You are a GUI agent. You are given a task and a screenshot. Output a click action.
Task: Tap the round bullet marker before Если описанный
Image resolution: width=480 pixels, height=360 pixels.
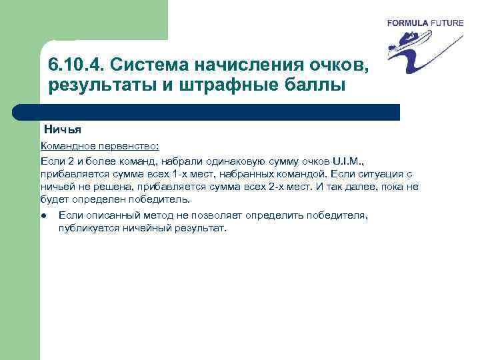(x=43, y=215)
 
